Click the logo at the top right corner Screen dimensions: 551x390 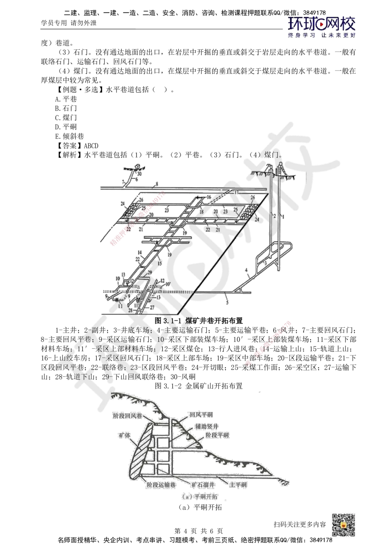tap(322, 26)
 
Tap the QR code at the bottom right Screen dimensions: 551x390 tap(343, 525)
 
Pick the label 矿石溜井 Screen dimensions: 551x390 tap(202, 485)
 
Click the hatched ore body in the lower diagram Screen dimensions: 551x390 tap(139, 452)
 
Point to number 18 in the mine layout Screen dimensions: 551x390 tap(201, 212)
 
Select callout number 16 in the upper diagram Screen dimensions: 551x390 tap(209, 197)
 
